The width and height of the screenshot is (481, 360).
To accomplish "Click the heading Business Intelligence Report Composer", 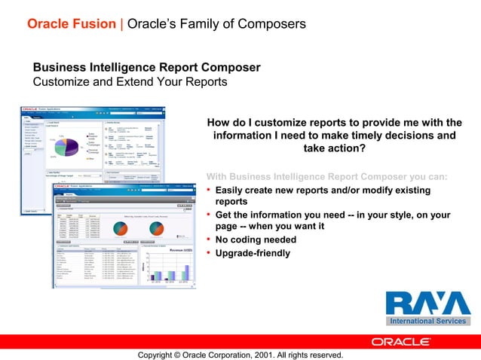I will click(146, 68).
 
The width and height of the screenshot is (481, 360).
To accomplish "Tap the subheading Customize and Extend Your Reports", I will click(129, 81).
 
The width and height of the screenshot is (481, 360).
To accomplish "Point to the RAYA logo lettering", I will click(427, 304).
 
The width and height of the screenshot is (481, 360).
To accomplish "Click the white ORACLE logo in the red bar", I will click(400, 341).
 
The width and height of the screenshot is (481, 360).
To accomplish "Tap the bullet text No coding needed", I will click(256, 240).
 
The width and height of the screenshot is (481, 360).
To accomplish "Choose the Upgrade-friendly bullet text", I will click(253, 253).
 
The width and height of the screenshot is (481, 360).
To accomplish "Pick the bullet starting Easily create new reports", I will click(312, 190).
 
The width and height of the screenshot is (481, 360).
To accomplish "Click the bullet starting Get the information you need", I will click(332, 215).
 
